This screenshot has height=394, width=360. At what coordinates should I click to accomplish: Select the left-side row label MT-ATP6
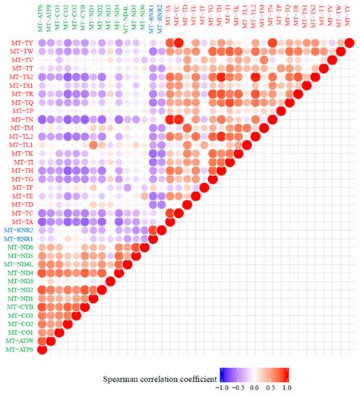[17, 350]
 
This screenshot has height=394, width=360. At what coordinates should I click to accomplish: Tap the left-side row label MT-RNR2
[17, 229]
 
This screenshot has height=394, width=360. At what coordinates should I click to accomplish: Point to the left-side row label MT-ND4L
[17, 263]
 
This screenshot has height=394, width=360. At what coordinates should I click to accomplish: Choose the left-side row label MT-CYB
[20, 307]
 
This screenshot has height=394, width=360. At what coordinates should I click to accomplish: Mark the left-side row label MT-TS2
[21, 76]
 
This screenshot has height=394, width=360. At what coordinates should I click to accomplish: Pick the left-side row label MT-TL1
[21, 144]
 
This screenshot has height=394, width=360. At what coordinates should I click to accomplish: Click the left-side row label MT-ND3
[20, 281]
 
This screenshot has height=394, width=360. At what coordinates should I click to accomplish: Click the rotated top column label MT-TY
[349, 21]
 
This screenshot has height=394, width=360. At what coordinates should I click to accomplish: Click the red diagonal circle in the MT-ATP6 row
[42, 350]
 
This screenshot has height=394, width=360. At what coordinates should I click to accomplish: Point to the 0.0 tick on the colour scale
[256, 387]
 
